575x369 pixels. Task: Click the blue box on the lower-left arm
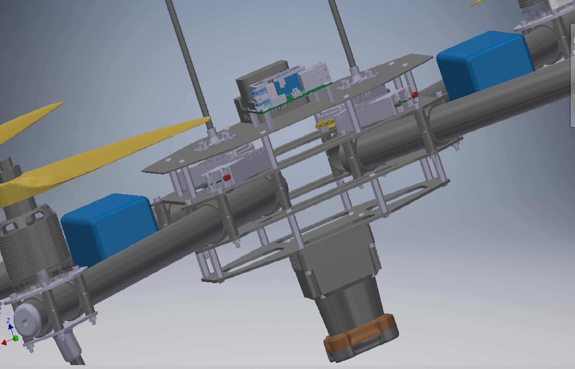108,227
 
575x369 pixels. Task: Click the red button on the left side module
226,177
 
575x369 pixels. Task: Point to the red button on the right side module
414,94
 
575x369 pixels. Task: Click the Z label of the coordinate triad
8,321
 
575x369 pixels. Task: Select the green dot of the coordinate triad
16,338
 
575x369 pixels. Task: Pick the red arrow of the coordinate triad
4,343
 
